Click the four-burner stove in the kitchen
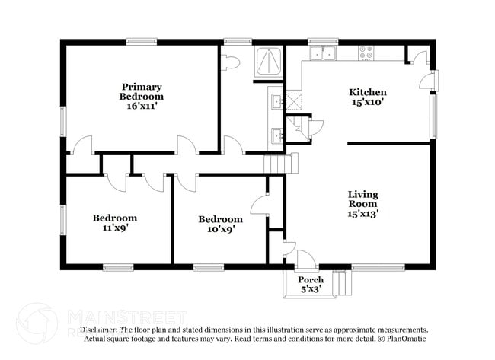(366, 53)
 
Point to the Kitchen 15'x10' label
(368, 97)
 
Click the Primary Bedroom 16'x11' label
(142, 96)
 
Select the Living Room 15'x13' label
(363, 204)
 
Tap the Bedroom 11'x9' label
(115, 222)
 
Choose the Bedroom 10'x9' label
(220, 224)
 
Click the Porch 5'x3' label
(311, 284)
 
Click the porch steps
(344, 284)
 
